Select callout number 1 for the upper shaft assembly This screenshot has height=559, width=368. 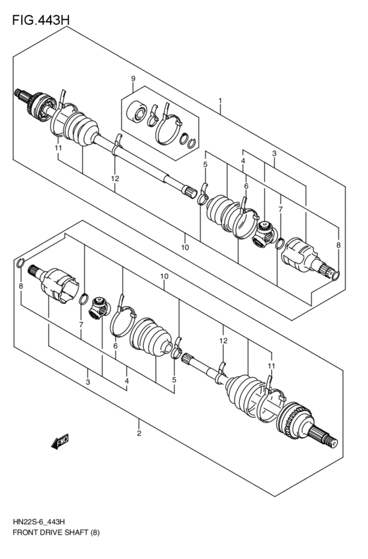[x=220, y=102]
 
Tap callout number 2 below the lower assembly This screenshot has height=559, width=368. [x=139, y=434]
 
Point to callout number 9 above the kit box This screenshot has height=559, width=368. [x=133, y=79]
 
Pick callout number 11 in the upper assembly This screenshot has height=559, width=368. [x=58, y=149]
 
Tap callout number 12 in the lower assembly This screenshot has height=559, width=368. [x=223, y=341]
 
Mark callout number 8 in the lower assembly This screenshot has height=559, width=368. [x=21, y=286]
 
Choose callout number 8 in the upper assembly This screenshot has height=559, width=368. [x=338, y=245]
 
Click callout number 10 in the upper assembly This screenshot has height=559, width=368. [x=185, y=247]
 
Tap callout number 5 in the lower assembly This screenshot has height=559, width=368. [x=174, y=379]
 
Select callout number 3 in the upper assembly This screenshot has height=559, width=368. [x=274, y=154]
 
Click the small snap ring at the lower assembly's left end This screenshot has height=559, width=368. [x=20, y=265]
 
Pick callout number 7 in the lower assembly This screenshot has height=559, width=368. [x=81, y=325]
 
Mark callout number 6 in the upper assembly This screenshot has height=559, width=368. [x=246, y=187]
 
